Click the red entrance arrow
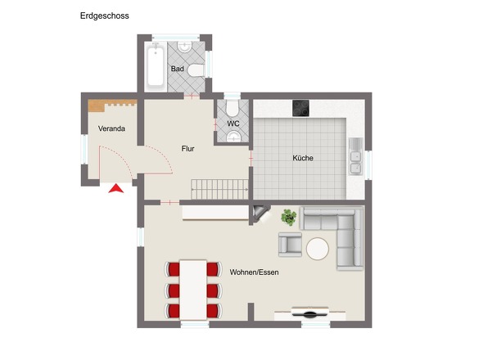pyautogui.click(x=116, y=189)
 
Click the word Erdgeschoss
pyautogui.click(x=104, y=16)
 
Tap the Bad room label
pyautogui.click(x=177, y=69)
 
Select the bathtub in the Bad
pyautogui.click(x=155, y=66)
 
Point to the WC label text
pyautogui.click(x=233, y=124)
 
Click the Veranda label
pyautogui.click(x=112, y=129)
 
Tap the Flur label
pyautogui.click(x=188, y=148)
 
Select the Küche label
pyautogui.click(x=303, y=158)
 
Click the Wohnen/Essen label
pyautogui.click(x=254, y=272)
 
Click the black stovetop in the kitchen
pyautogui.click(x=300, y=108)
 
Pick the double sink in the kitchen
pyautogui.click(x=356, y=157)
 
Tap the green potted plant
pyautogui.click(x=289, y=217)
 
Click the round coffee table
pyautogui.click(x=317, y=247)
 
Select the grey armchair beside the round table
pyautogui.click(x=291, y=244)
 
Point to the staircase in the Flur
pyautogui.click(x=219, y=188)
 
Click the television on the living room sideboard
pyautogui.click(x=314, y=313)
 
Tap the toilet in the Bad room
pyautogui.click(x=196, y=70)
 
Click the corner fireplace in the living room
pyautogui.click(x=261, y=214)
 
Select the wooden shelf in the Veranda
pyautogui.click(x=111, y=105)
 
